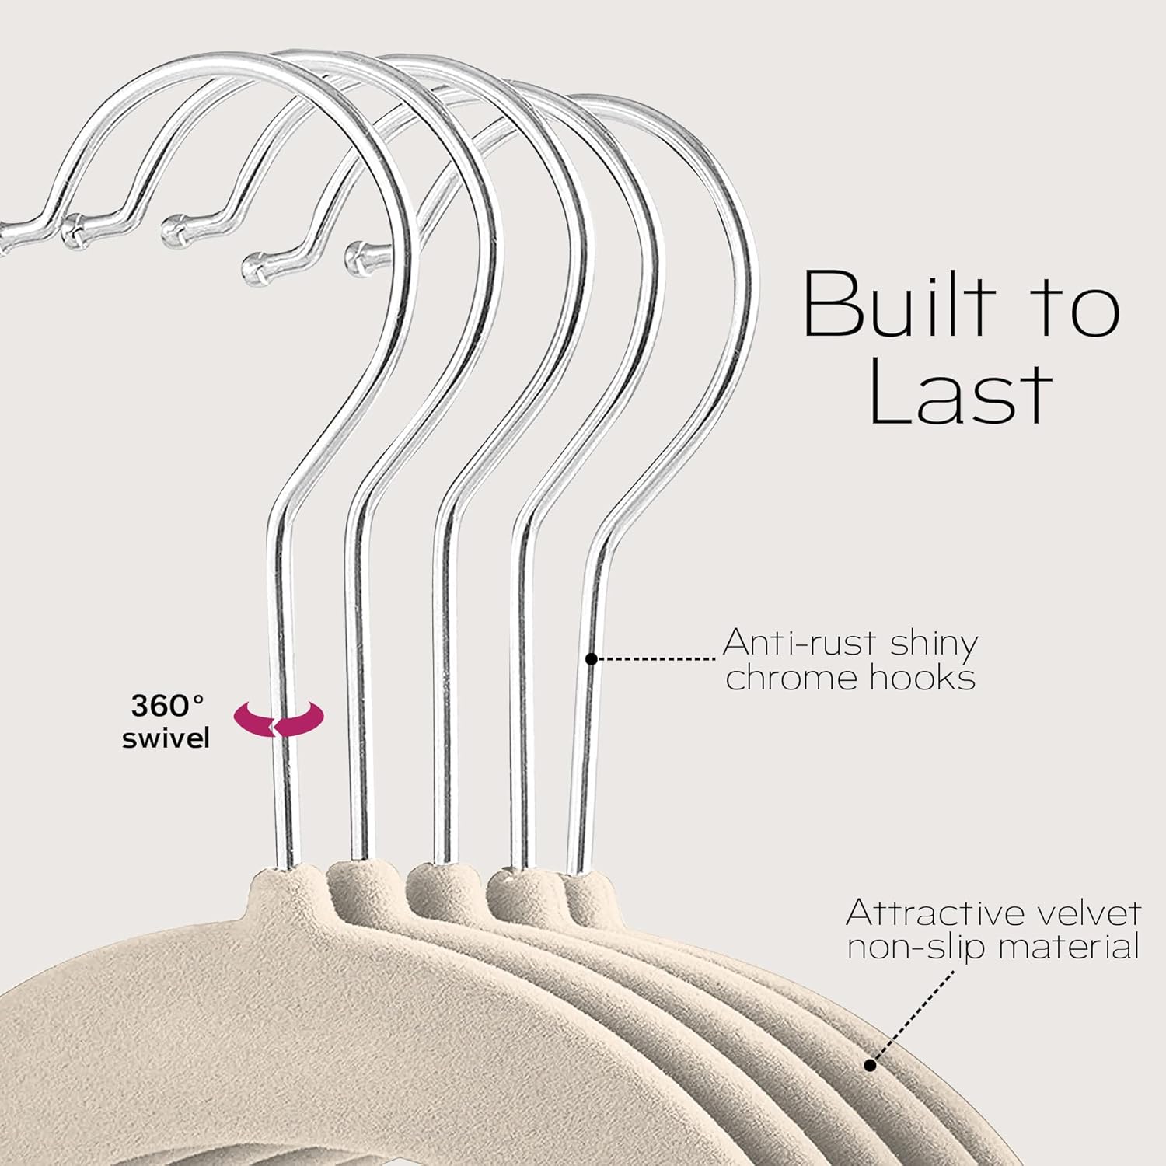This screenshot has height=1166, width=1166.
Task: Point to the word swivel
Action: (x=166, y=738)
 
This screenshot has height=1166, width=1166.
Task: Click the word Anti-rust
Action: (x=803, y=643)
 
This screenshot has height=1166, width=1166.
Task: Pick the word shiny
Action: (x=934, y=644)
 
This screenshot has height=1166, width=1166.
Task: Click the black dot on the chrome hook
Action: (x=591, y=659)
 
